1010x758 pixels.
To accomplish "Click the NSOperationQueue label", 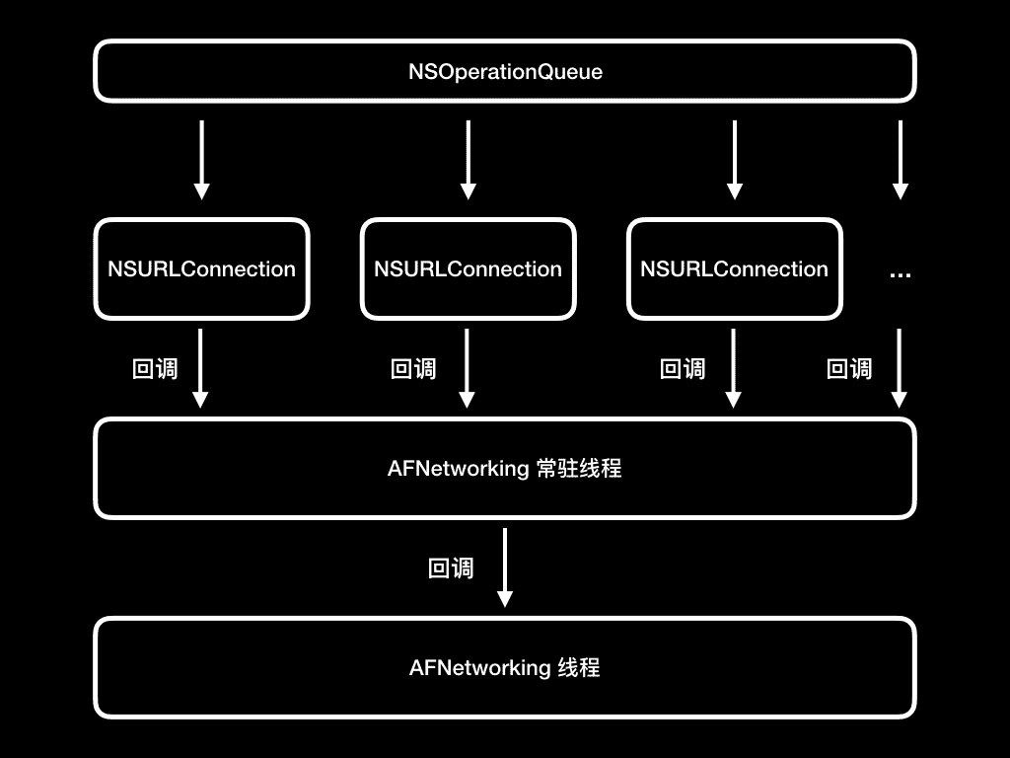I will (505, 72).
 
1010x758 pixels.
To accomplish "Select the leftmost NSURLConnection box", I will (201, 269).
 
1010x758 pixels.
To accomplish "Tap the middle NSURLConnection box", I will (468, 269).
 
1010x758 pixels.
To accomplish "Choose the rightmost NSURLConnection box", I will (734, 269).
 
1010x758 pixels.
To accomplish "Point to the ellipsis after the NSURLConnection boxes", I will (900, 273).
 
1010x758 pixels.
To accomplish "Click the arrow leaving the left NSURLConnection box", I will (200, 368).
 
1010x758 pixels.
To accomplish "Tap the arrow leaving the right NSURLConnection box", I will (733, 368).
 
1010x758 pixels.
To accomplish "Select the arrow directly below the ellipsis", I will (899, 368).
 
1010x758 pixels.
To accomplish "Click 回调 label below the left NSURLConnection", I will (155, 369).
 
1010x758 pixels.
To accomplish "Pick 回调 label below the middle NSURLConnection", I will (413, 369).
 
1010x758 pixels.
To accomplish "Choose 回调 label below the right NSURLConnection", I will (683, 369).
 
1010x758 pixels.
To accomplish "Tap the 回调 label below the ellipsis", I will (849, 369).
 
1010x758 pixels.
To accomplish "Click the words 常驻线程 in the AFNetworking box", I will (579, 469).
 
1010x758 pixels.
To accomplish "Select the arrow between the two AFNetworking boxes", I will (505, 568).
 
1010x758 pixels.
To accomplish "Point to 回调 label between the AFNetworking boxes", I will (451, 568).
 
